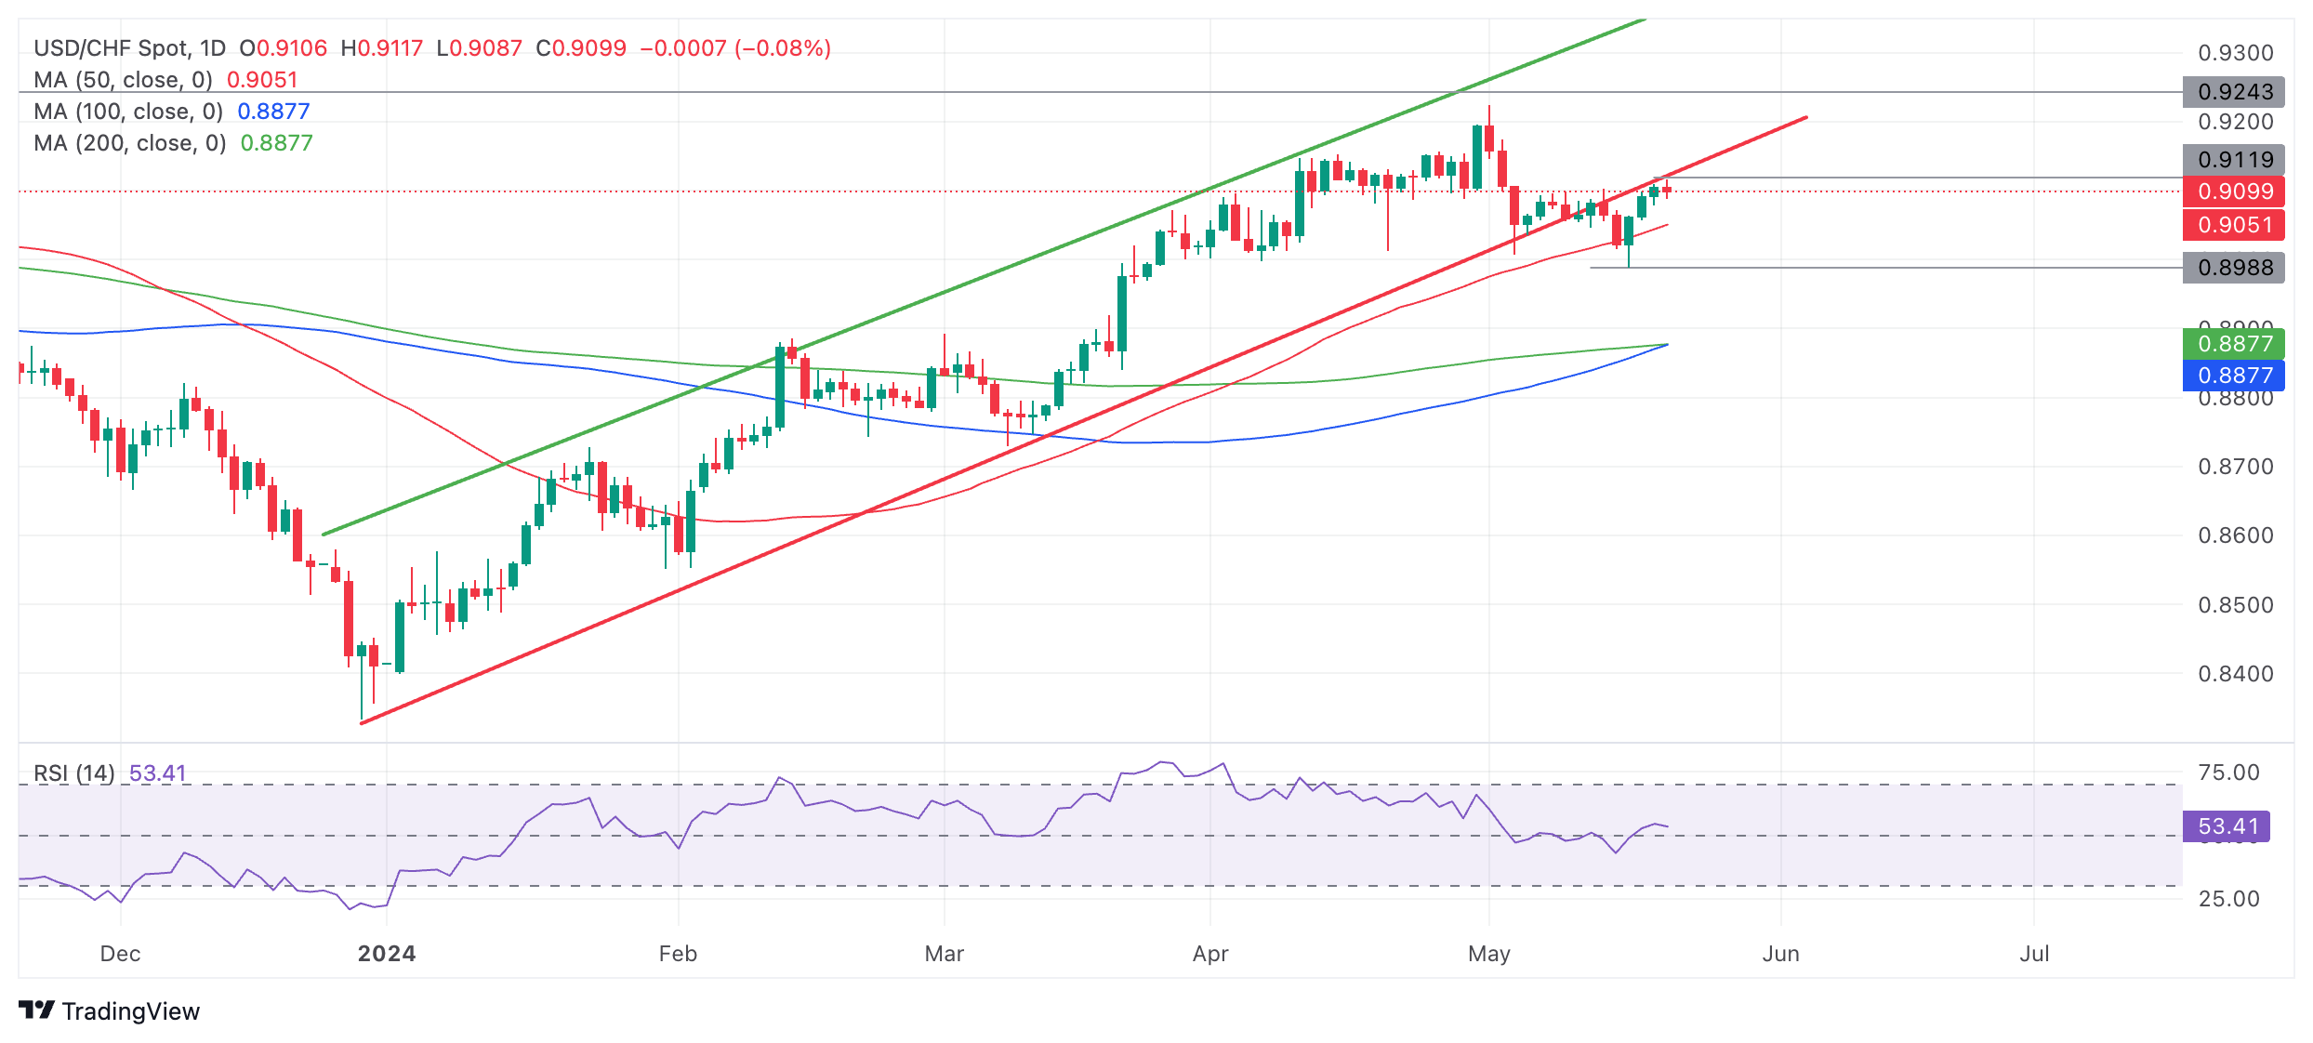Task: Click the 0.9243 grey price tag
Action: click(2234, 92)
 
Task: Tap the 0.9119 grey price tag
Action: click(2234, 160)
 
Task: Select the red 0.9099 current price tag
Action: click(2234, 191)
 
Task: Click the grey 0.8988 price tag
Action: click(2234, 268)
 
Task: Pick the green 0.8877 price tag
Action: click(2234, 344)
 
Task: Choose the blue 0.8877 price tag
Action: click(2234, 376)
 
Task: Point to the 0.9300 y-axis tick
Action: click(2235, 53)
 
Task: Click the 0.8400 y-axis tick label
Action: click(2235, 674)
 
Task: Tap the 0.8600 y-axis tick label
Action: click(2235, 535)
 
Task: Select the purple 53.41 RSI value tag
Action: click(2227, 826)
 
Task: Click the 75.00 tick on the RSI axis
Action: click(2228, 772)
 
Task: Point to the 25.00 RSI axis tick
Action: click(2228, 899)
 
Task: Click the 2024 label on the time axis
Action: click(387, 954)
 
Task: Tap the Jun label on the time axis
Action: click(1780, 954)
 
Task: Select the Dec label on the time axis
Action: click(120, 954)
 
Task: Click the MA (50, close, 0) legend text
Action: click(123, 80)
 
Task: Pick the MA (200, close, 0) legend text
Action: click(130, 143)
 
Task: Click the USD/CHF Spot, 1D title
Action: click(129, 48)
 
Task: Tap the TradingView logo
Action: click(109, 1011)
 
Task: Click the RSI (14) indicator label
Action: click(74, 773)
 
